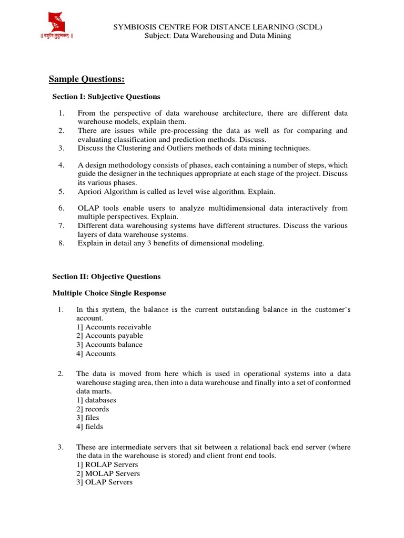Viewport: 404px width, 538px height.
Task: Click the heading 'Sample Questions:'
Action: pos(87,79)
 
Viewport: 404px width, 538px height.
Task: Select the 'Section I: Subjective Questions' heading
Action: pos(106,97)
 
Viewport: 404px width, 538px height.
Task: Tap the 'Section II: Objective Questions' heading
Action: pos(106,276)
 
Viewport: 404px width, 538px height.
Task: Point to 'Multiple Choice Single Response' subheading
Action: pos(109,293)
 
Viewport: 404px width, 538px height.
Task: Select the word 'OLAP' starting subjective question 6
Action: pos(88,208)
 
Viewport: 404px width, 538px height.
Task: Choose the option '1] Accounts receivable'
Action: pos(114,327)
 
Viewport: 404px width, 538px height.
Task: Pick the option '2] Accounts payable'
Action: pos(109,336)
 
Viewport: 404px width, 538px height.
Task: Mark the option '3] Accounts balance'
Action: pos(109,345)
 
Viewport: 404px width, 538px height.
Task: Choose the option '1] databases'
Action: pos(96,400)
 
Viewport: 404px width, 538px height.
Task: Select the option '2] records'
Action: pos(93,409)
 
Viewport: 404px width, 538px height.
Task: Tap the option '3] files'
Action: pos(88,418)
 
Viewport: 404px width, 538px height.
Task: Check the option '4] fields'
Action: pos(90,427)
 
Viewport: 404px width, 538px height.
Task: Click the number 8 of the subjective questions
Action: pos(60,243)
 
